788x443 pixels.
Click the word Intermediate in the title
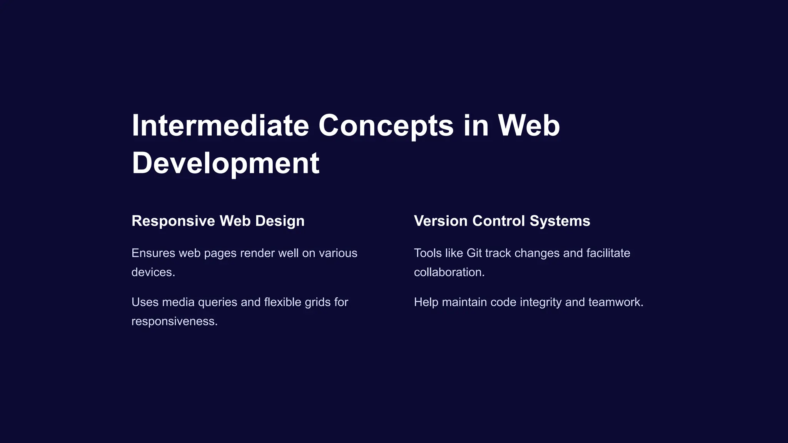(220, 125)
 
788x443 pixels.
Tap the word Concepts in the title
(386, 125)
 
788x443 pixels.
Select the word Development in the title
(225, 163)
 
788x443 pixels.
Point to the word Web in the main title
(529, 125)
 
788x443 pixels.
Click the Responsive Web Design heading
(218, 221)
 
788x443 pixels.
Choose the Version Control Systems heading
(502, 221)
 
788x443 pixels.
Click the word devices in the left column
(152, 272)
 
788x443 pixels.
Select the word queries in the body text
(217, 302)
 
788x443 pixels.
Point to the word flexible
(283, 302)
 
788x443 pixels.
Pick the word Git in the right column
(474, 253)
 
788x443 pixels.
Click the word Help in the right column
(426, 302)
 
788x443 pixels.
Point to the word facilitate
(608, 253)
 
